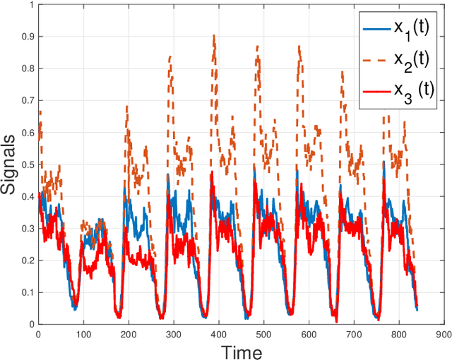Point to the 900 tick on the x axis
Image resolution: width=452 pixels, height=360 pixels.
443,334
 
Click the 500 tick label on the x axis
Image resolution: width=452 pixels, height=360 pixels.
262,334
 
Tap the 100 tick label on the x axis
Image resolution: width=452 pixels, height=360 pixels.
83,334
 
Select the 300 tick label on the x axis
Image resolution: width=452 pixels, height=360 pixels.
172,334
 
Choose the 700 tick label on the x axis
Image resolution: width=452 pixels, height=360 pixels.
352,334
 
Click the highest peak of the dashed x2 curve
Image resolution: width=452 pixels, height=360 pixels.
214,35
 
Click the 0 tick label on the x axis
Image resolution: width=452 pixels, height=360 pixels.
38,334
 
